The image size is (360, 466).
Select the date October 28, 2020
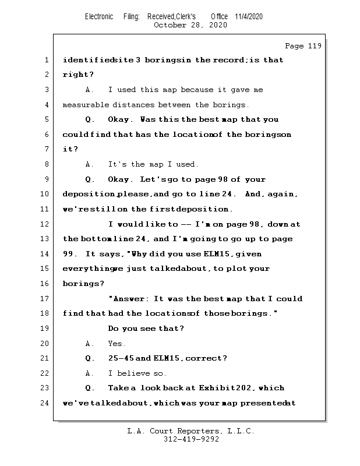tap(190, 25)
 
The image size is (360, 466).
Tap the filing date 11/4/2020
tap(249, 16)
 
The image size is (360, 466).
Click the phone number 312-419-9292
tap(191, 439)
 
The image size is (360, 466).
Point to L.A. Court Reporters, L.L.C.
tap(191, 431)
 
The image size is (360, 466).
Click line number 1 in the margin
tap(46, 60)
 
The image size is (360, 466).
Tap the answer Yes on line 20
tap(117, 344)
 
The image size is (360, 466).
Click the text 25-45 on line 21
tap(120, 358)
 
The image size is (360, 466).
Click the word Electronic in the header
tap(99, 16)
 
